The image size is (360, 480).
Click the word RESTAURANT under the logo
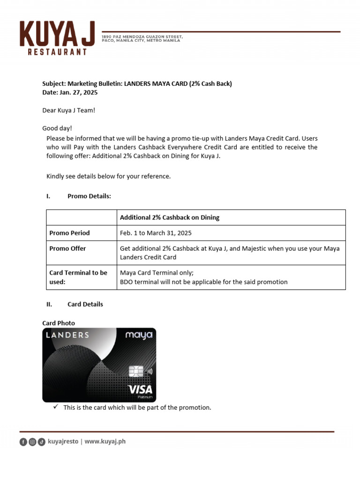pyautogui.click(x=58, y=52)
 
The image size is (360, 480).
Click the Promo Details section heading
pyautogui.click(x=89, y=196)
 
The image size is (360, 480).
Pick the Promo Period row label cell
pyautogui.click(x=69, y=233)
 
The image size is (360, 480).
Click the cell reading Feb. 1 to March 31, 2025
pyautogui.click(x=156, y=233)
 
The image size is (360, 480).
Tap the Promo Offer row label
pyautogui.click(x=67, y=248)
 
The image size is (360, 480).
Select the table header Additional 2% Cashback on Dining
pyautogui.click(x=170, y=217)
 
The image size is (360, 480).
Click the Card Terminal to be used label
pyautogui.click(x=78, y=277)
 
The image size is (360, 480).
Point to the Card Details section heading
pyautogui.click(x=85, y=304)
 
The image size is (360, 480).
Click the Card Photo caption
pyautogui.click(x=59, y=323)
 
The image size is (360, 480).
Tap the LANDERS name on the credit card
pyautogui.click(x=67, y=335)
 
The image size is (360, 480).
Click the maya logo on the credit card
pyautogui.click(x=139, y=335)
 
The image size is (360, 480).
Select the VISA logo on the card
pyautogui.click(x=140, y=389)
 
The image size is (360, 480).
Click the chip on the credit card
pyautogui.click(x=135, y=371)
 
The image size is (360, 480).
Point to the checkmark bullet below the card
pyautogui.click(x=56, y=407)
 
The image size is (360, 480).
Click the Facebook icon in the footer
pyautogui.click(x=23, y=442)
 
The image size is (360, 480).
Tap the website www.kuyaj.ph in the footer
pyautogui.click(x=105, y=441)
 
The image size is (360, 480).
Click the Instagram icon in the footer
pyautogui.click(x=32, y=442)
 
